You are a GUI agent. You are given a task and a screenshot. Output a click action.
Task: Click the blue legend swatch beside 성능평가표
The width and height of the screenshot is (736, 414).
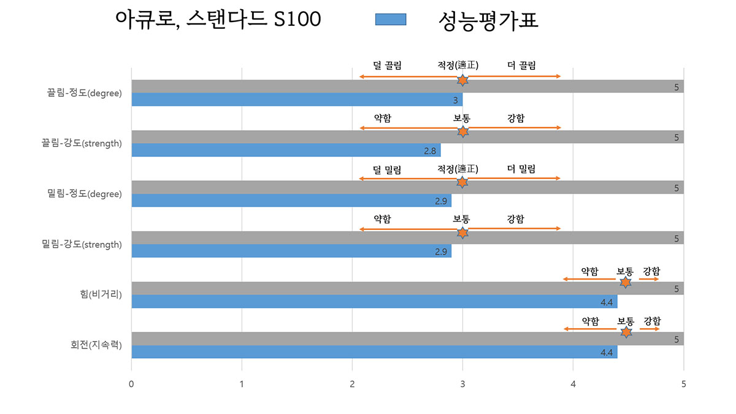[x=390, y=20]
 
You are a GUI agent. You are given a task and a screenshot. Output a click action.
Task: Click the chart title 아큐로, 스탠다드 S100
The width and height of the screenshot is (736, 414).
[x=218, y=20]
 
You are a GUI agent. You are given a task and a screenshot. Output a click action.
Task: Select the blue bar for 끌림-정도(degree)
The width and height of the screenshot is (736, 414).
[x=297, y=100]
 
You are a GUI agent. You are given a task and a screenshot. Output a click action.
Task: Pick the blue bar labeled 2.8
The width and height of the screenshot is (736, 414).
[x=286, y=150]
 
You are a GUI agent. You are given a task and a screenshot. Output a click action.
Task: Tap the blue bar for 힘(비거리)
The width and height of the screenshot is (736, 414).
[x=374, y=302]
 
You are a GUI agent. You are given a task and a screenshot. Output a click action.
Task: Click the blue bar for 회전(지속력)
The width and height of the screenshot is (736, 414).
[x=374, y=352]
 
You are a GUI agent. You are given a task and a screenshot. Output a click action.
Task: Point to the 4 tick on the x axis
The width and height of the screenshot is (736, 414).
[x=573, y=384]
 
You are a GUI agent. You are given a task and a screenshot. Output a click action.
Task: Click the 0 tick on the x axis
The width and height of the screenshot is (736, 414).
[x=131, y=384]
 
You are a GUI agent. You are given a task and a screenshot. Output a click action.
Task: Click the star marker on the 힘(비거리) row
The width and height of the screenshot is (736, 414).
[x=625, y=282]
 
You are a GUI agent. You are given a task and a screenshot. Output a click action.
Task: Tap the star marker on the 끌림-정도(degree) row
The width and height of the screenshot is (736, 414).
[x=462, y=80]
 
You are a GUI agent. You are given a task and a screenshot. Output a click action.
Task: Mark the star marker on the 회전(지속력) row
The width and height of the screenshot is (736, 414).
[x=626, y=332]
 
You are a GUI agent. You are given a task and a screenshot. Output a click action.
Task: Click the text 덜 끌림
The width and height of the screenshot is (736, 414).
[x=387, y=66]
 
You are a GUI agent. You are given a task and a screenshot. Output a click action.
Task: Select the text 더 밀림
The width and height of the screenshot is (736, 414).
[x=521, y=169]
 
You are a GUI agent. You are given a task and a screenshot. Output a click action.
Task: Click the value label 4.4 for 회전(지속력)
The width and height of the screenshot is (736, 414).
[x=607, y=353]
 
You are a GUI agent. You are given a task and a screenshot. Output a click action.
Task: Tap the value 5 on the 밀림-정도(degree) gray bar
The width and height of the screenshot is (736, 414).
[x=677, y=188]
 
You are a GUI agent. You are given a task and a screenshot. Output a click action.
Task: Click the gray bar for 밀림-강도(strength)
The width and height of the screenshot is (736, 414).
[x=407, y=238]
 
